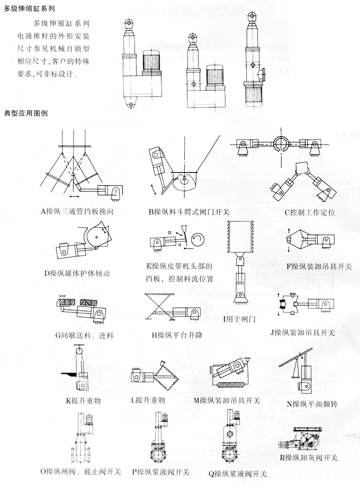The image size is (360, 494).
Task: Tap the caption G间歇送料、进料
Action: click(84, 335)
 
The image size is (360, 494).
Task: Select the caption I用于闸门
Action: click(239, 320)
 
